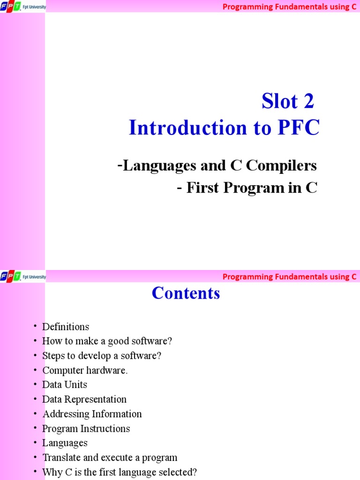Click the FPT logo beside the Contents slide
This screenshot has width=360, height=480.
(11, 277)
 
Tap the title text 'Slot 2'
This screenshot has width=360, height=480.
(287, 102)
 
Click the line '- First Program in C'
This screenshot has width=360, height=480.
(247, 187)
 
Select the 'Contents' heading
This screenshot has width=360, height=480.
(186, 293)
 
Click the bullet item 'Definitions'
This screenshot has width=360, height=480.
(66, 327)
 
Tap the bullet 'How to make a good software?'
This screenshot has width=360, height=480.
(104, 341)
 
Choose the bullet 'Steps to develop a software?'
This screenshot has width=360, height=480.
(102, 356)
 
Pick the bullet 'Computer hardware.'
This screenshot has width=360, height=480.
(85, 370)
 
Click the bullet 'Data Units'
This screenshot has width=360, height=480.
(65, 385)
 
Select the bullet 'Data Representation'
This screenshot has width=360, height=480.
(84, 399)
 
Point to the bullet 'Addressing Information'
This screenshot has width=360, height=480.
(92, 414)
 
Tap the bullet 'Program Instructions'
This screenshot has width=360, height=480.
(86, 428)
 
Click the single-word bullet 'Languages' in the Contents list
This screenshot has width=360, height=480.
(65, 443)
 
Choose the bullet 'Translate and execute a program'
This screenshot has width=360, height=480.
(110, 457)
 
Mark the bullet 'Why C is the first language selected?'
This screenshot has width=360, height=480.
(120, 472)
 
